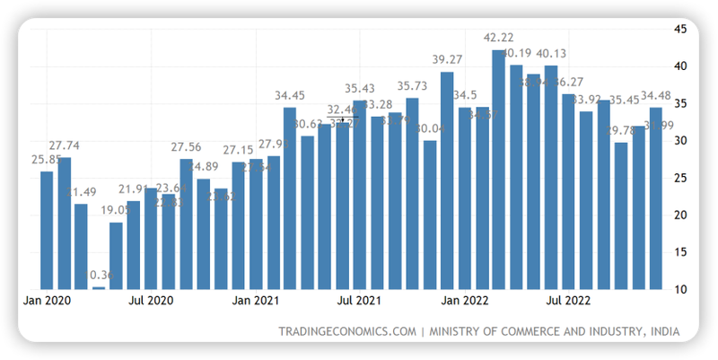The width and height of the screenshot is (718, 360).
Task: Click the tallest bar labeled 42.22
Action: (x=499, y=171)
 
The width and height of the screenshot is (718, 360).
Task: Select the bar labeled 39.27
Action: (x=447, y=180)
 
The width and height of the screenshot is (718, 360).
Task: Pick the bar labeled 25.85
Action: (x=47, y=230)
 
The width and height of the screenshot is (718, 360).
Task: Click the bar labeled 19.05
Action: (x=116, y=255)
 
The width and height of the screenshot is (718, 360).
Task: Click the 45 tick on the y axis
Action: (x=681, y=29)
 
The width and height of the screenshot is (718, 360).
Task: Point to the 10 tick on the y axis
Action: (x=681, y=289)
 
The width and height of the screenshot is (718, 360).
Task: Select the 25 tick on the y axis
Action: (x=681, y=178)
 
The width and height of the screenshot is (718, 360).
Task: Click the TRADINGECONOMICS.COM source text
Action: (x=347, y=332)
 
